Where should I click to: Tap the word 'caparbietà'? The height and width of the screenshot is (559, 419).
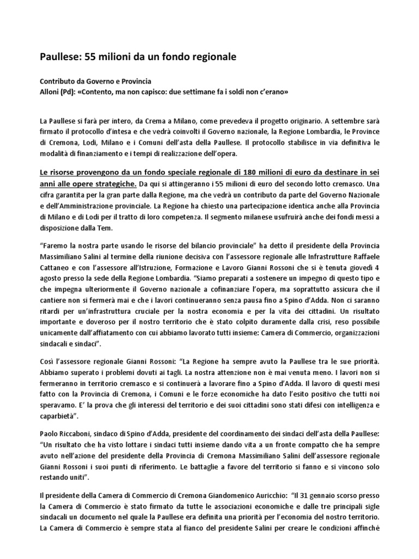click(58, 418)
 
